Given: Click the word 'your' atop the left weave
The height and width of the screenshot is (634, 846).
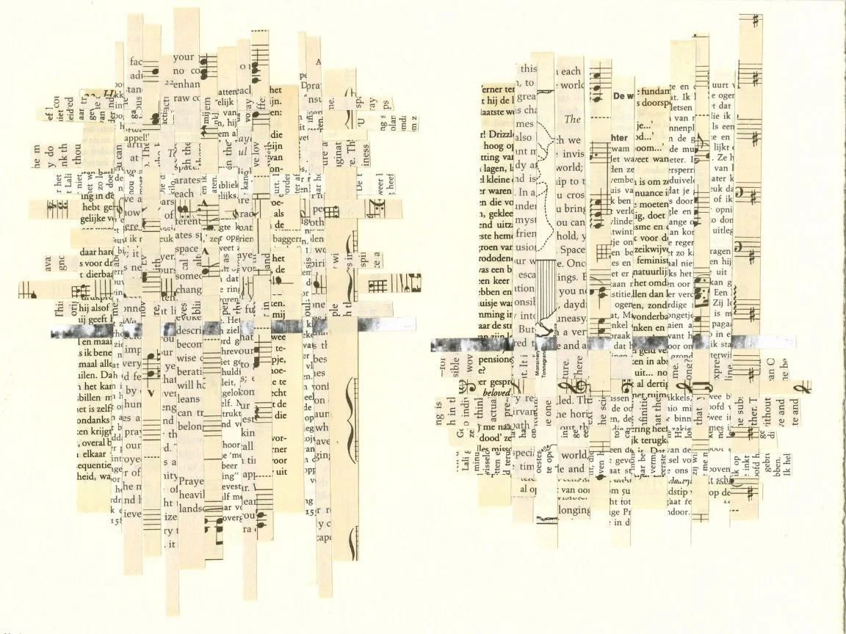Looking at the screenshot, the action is click(184, 57).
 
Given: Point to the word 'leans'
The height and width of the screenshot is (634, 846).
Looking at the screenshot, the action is click(188, 398).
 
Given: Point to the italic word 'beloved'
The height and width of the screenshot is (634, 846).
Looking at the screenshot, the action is click(496, 393).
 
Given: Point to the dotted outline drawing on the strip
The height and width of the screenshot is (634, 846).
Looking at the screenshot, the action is click(544, 176).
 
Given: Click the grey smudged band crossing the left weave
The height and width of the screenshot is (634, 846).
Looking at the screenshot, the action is click(184, 329).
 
